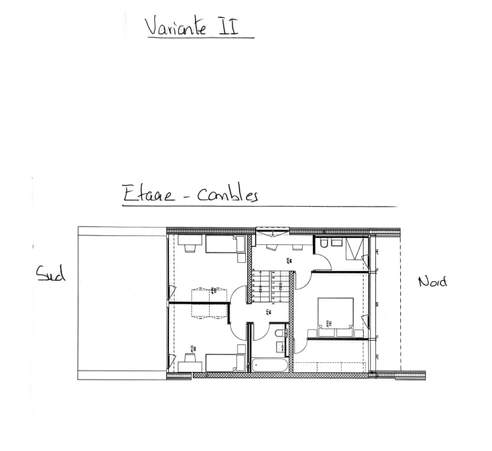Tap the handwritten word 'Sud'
(x=48, y=275)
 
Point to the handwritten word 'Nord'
(x=432, y=281)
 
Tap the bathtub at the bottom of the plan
(x=270, y=366)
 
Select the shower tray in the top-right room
(x=356, y=248)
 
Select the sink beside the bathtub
(x=279, y=347)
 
